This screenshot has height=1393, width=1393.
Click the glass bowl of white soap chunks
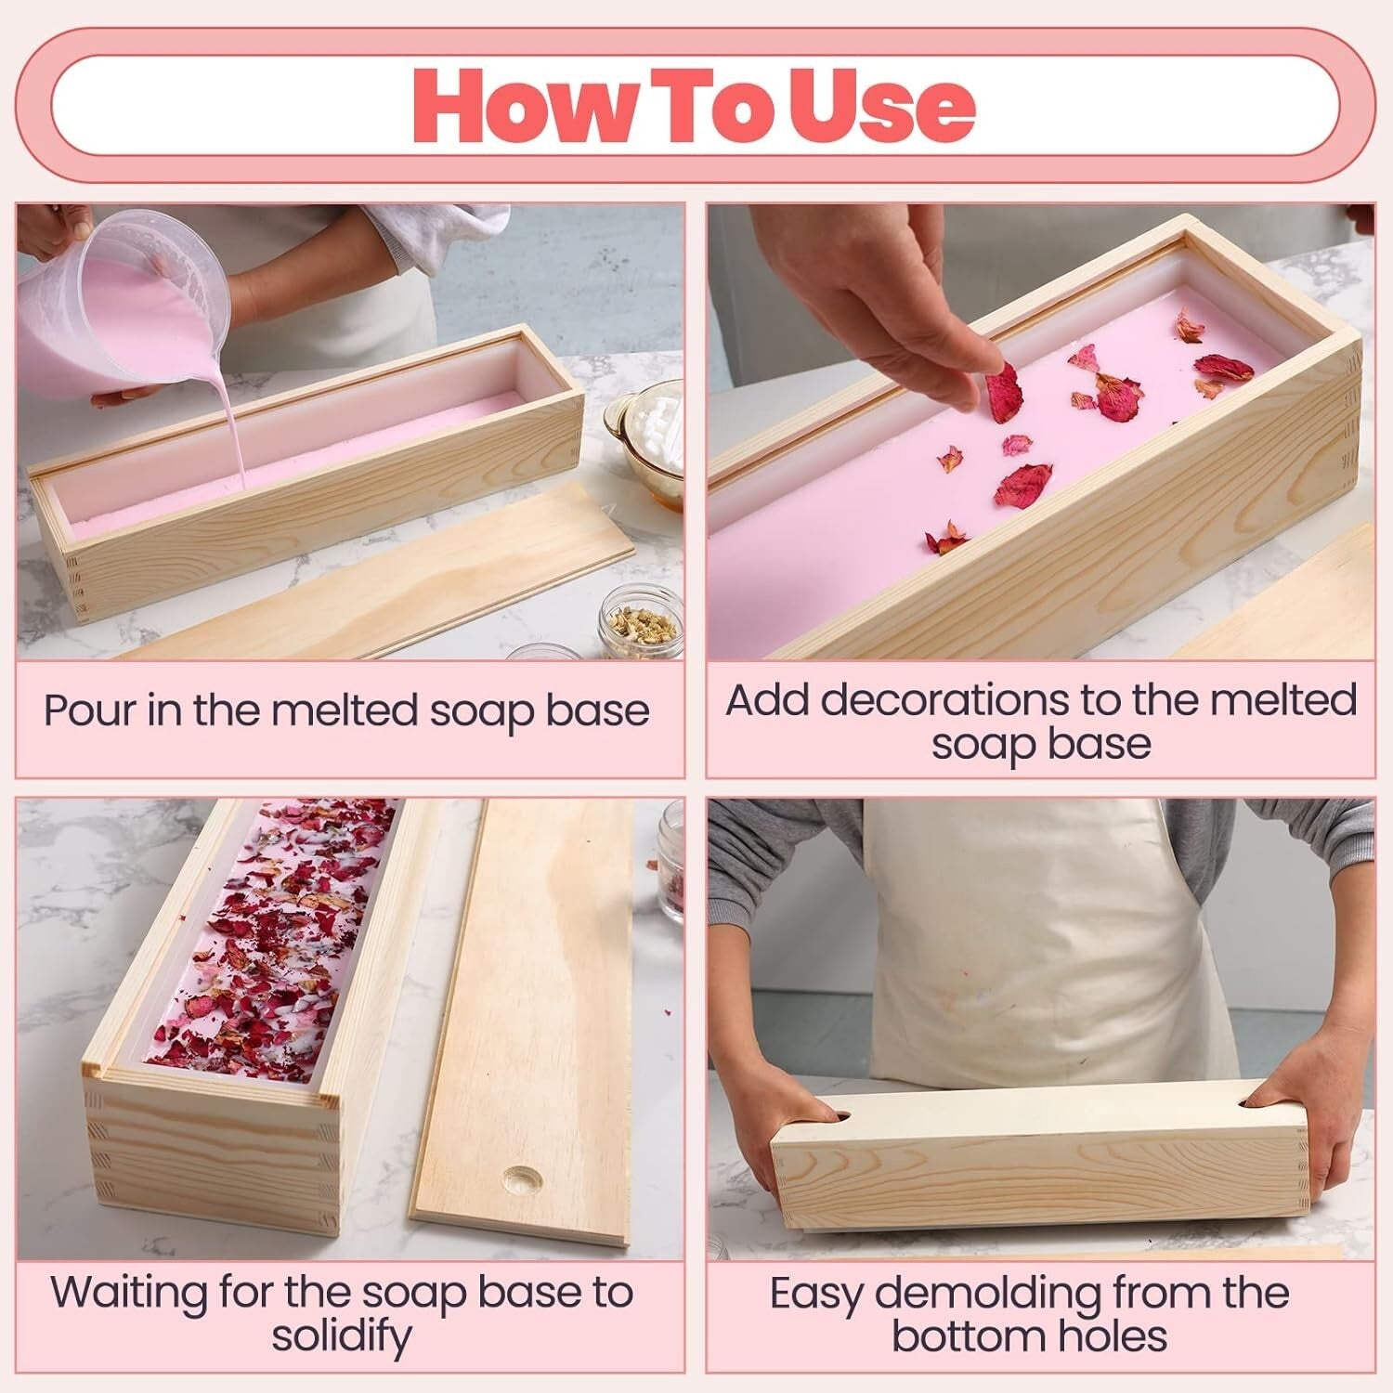[x=648, y=436]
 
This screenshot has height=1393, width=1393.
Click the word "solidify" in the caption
[x=341, y=1337]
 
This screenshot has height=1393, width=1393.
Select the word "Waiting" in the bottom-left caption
[x=129, y=1293]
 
